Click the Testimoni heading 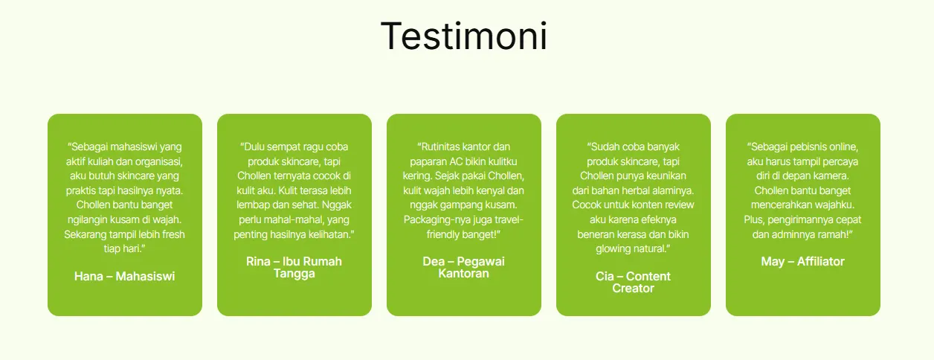pyautogui.click(x=464, y=36)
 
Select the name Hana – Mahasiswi pyautogui.click(x=125, y=276)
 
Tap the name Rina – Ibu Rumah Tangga pyautogui.click(x=294, y=267)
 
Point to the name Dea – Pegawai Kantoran pyautogui.click(x=464, y=267)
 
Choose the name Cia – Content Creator pyautogui.click(x=633, y=283)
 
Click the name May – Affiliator pyautogui.click(x=802, y=262)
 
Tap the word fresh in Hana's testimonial pyautogui.click(x=173, y=234)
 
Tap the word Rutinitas pyautogui.click(x=439, y=147)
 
